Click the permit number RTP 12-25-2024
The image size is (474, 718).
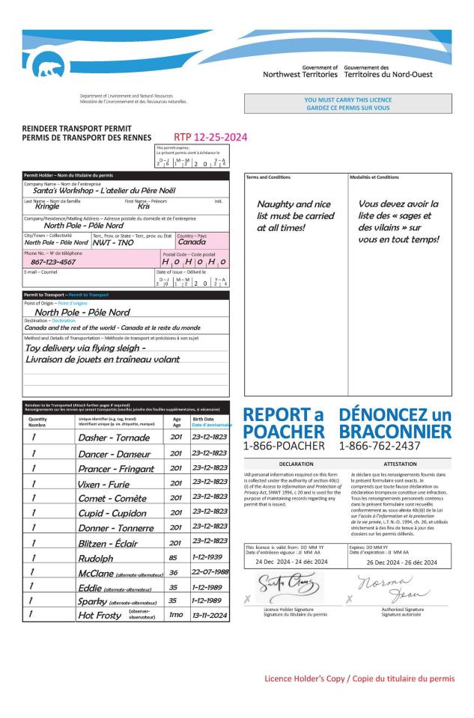coord(210,137)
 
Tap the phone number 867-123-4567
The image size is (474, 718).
coord(53,263)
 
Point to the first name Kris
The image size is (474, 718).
coord(144,206)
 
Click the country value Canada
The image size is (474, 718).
coord(192,242)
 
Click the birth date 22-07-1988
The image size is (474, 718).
coord(210,572)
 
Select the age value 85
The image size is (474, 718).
coord(176,557)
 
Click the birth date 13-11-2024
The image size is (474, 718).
coord(210,615)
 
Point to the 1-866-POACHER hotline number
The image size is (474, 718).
coord(284,446)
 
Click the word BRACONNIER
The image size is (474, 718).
coord(395,432)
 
